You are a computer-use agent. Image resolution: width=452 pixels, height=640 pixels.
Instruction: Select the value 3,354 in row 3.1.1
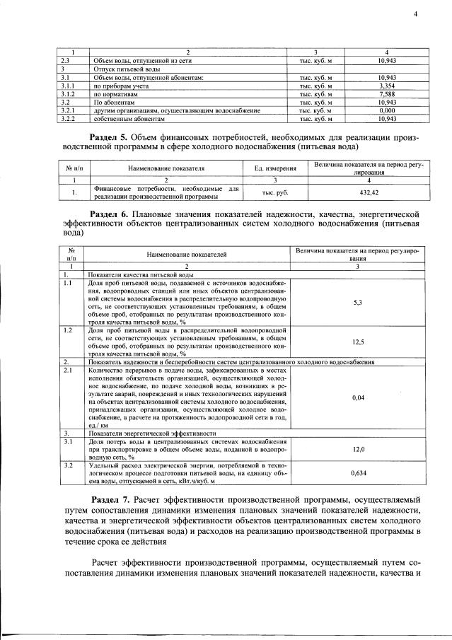[386, 85]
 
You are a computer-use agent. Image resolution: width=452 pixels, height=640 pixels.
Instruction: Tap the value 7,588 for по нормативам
[386, 93]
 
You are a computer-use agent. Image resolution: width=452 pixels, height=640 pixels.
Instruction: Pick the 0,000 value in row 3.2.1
[386, 111]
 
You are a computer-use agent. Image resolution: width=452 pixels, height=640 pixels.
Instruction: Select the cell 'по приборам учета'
[121, 85]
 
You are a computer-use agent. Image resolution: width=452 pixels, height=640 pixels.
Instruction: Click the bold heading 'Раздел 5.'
[116, 136]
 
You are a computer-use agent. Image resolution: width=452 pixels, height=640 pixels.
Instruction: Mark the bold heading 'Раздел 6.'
[116, 214]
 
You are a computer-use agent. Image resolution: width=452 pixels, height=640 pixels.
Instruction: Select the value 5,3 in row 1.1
[357, 303]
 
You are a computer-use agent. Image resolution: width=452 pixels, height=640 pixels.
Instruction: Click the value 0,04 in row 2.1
[357, 397]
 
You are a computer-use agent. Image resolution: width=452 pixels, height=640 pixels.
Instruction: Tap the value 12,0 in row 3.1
[357, 449]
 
